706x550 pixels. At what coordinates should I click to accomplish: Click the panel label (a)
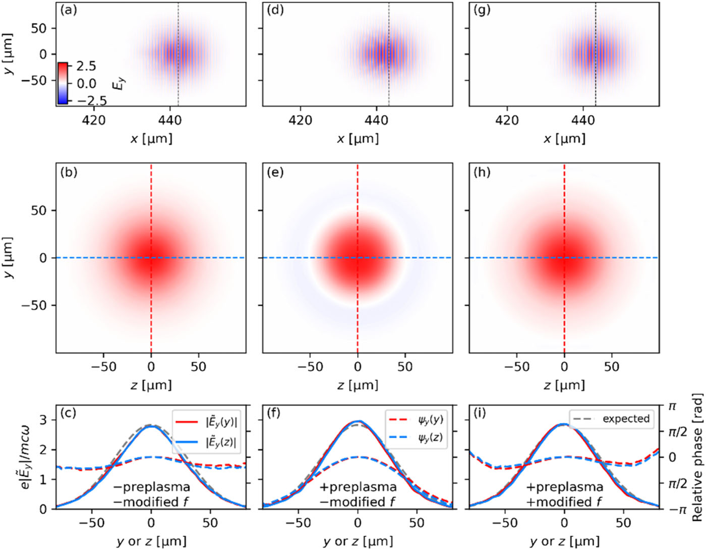click(69, 10)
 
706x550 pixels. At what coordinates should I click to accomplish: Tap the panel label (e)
click(275, 172)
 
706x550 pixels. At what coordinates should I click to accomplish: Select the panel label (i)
click(481, 413)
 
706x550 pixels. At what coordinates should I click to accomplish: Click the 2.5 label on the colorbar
click(86, 66)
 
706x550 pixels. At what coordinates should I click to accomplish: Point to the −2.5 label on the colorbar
click(89, 100)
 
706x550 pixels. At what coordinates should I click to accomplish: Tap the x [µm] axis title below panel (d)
click(358, 139)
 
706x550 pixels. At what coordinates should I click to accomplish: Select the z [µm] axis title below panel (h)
click(564, 386)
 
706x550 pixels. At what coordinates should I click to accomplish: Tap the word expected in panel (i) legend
click(626, 419)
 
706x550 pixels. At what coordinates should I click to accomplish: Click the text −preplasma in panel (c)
click(151, 487)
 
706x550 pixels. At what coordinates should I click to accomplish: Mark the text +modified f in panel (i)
click(564, 502)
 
